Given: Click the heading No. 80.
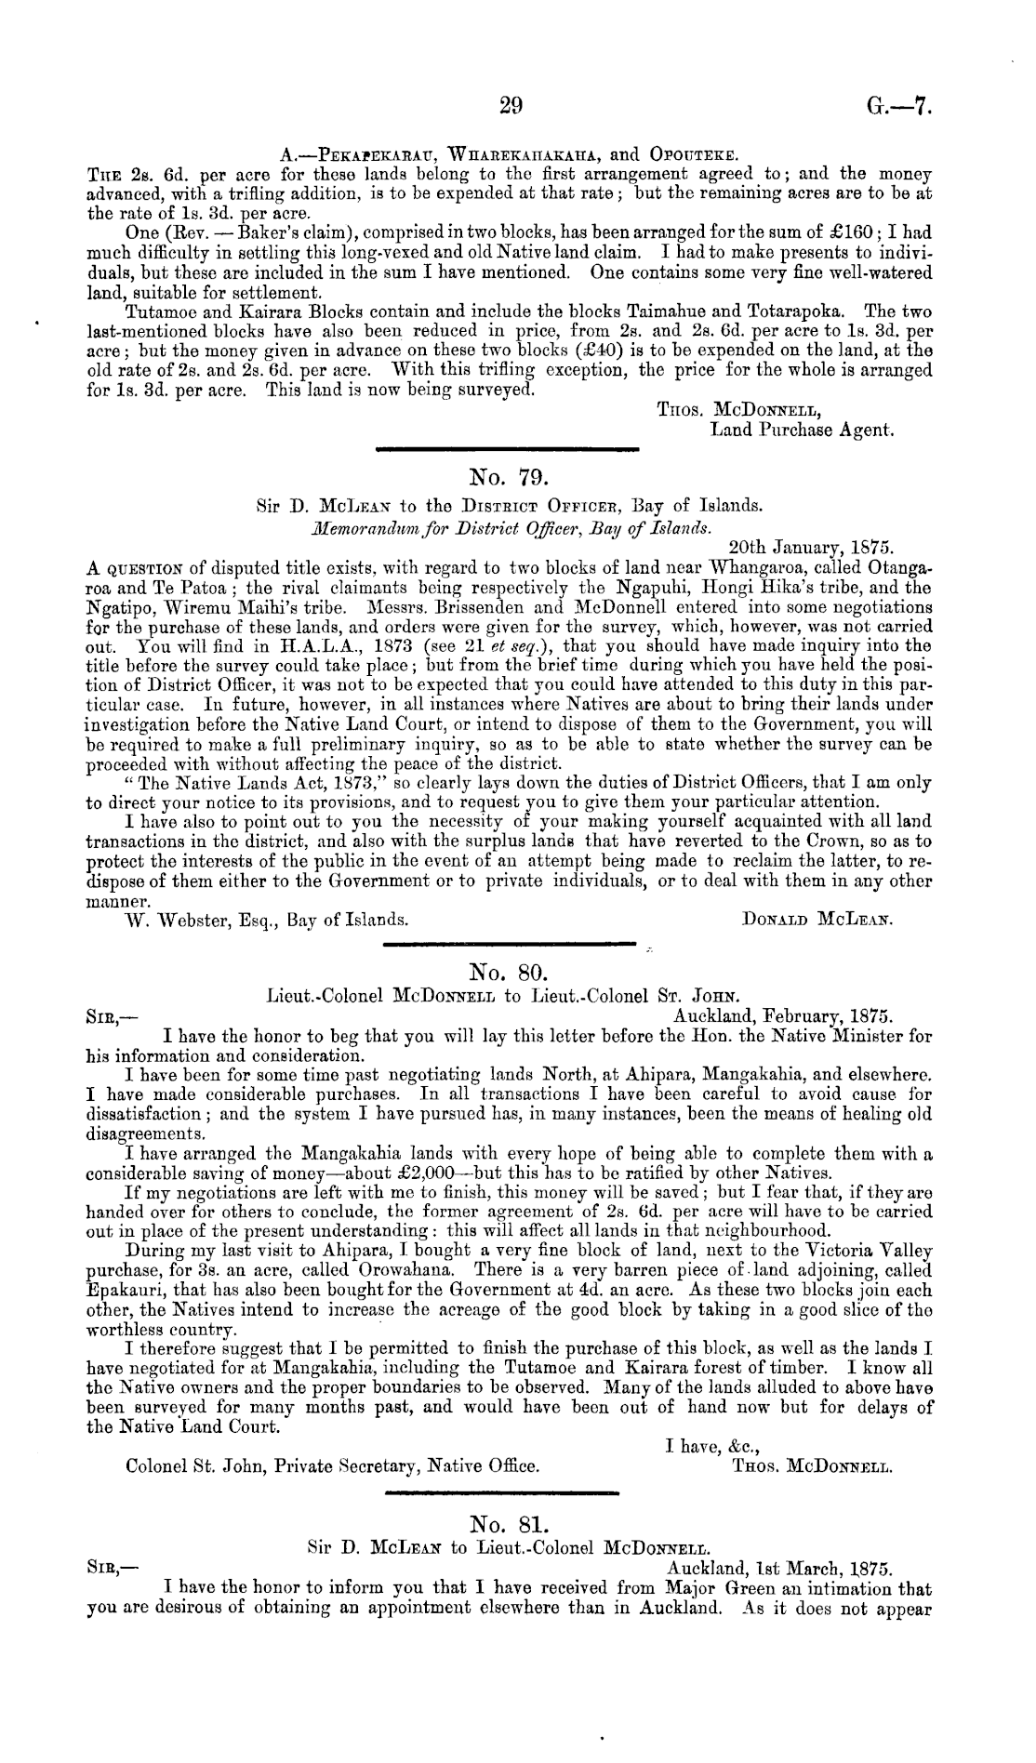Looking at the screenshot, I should pyautogui.click(x=511, y=974).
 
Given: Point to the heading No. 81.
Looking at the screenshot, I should pyautogui.click(x=509, y=1524).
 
